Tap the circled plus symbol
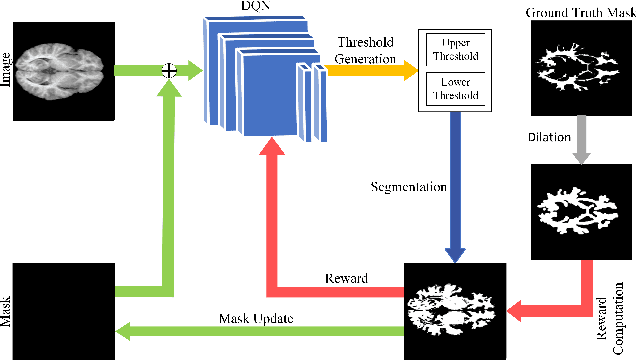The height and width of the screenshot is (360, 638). [x=170, y=70]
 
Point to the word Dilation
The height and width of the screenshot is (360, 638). [x=548, y=137]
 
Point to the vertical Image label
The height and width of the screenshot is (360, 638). [x=11, y=70]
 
